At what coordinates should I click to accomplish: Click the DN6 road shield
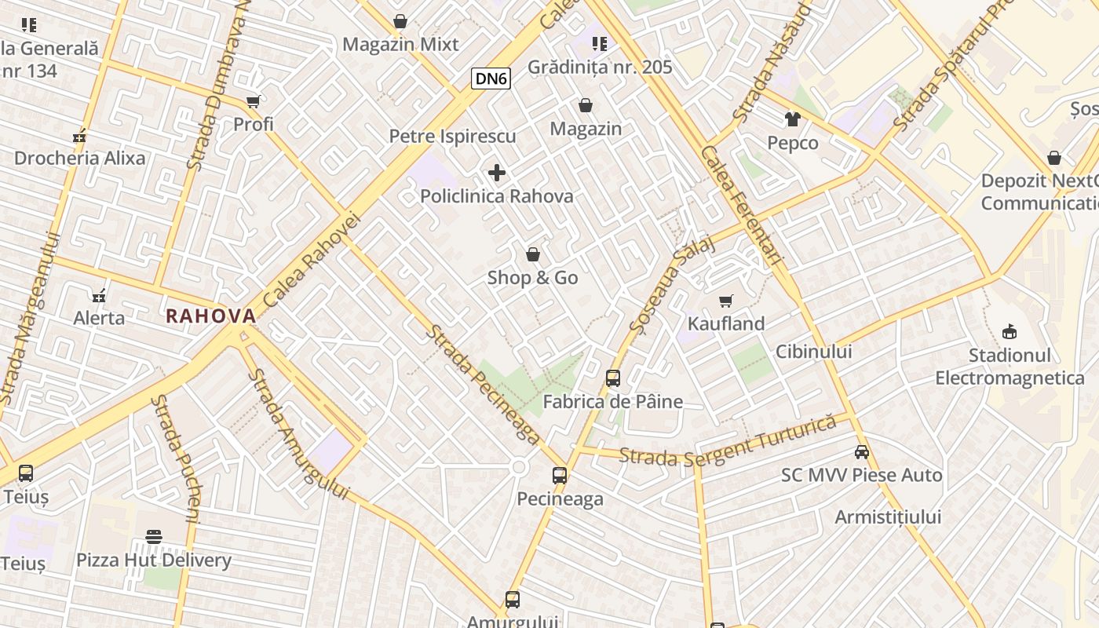click(491, 78)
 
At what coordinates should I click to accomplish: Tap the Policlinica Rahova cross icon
click(497, 173)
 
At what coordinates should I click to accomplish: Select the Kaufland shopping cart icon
click(726, 301)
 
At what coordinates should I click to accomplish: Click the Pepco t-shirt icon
click(792, 119)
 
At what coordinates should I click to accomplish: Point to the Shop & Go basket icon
click(533, 254)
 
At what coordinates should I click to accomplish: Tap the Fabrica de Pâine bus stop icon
click(613, 378)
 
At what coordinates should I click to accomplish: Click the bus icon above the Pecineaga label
click(560, 475)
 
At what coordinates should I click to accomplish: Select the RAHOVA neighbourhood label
click(211, 316)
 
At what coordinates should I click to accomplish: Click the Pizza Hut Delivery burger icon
click(154, 537)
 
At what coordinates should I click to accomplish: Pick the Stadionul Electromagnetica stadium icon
click(1010, 331)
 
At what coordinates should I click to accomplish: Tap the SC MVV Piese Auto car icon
click(862, 451)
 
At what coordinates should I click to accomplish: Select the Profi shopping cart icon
click(253, 101)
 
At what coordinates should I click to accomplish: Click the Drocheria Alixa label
click(80, 159)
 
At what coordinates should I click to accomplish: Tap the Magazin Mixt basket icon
click(400, 21)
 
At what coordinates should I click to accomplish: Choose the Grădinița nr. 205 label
click(600, 68)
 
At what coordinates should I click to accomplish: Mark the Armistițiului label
click(888, 517)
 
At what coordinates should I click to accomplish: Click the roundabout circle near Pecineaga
click(518, 468)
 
